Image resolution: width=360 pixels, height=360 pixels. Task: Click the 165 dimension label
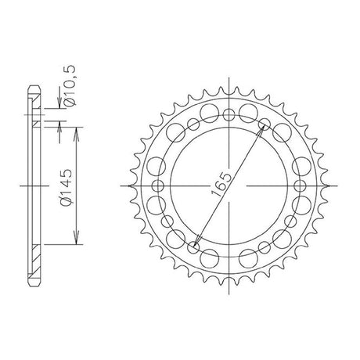pyautogui.click(x=221, y=185)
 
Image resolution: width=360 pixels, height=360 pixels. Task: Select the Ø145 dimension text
pyautogui.click(x=66, y=187)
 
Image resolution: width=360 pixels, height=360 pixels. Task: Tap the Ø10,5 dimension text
pyautogui.click(x=70, y=85)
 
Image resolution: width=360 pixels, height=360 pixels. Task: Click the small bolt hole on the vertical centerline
pyautogui.click(x=229, y=115)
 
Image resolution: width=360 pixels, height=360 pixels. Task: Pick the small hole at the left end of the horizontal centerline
pyautogui.click(x=157, y=185)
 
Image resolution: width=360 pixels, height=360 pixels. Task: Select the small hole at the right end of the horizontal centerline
pyautogui.click(x=300, y=185)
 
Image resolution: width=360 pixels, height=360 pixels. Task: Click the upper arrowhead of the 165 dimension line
pyautogui.click(x=262, y=129)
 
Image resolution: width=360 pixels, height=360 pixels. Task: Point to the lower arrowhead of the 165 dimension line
pyautogui.click(x=197, y=240)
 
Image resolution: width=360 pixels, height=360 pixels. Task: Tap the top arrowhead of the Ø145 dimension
pyautogui.click(x=76, y=132)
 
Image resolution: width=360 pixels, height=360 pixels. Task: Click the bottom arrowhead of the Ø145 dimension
pyautogui.click(x=76, y=239)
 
